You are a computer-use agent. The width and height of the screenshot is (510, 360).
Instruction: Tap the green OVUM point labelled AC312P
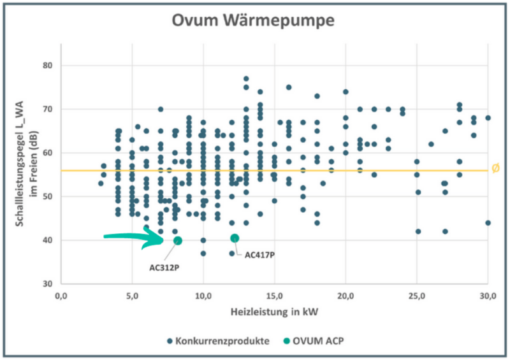click(x=178, y=240)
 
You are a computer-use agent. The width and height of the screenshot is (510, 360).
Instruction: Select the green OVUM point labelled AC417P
click(x=235, y=238)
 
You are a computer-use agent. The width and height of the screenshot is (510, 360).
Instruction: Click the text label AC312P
click(x=164, y=268)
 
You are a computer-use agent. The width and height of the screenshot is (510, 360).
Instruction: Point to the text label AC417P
click(x=259, y=255)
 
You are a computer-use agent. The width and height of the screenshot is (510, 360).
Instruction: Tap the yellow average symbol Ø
click(x=495, y=168)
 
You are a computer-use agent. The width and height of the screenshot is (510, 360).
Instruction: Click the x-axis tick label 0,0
click(x=61, y=295)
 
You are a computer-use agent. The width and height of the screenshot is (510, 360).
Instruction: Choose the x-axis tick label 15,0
click(x=274, y=295)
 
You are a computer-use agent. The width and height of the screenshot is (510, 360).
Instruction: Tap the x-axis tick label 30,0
click(x=488, y=295)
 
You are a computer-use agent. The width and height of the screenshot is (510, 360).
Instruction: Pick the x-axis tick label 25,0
click(x=417, y=295)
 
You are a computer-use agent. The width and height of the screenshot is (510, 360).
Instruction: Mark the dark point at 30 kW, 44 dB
click(x=488, y=222)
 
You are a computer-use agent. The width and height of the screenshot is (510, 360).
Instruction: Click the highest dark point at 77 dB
click(x=246, y=79)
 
